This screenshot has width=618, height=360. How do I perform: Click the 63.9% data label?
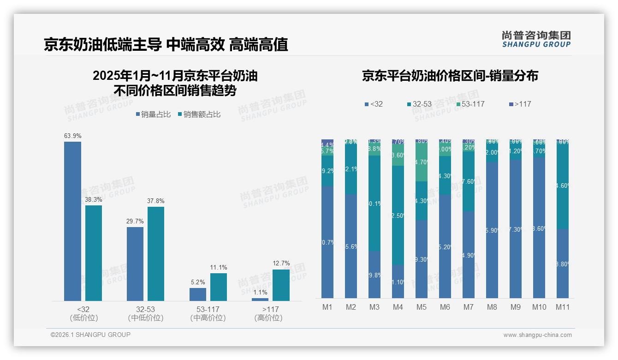72,136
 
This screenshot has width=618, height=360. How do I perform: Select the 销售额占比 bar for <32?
94,253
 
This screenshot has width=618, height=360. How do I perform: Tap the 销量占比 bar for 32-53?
135,264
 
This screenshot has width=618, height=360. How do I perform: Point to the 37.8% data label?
156,201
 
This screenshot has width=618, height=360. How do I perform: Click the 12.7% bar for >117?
281,285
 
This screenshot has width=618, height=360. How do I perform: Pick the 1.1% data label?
260,292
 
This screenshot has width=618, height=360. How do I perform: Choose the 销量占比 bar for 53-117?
198,294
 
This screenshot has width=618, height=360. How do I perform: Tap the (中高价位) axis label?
208,318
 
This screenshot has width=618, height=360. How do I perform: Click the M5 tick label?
422,307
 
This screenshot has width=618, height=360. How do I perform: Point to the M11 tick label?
562,307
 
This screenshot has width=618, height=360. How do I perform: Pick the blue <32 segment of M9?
515,228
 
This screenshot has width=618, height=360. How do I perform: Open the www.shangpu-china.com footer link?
537,335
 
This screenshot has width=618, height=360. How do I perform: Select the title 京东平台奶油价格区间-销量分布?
450,76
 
